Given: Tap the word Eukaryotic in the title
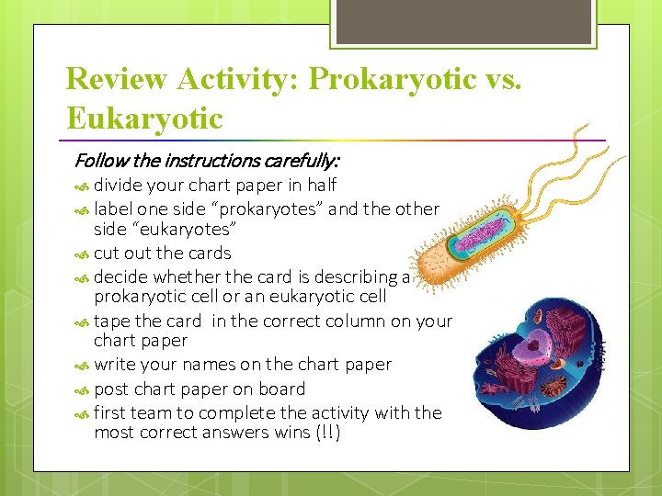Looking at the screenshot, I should point(144,118).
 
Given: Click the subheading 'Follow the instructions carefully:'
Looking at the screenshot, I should point(206,161).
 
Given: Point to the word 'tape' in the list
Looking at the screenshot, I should point(112,321).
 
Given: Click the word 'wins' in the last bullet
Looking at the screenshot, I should point(288,433).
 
